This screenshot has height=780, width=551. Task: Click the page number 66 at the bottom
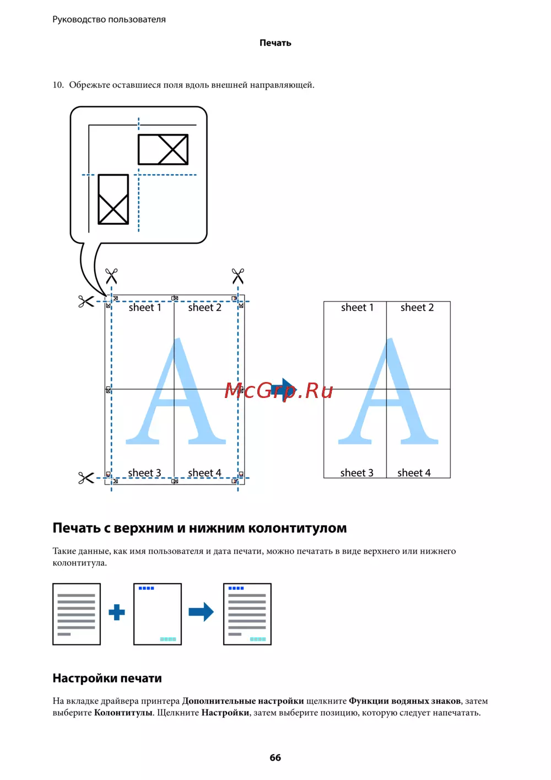pos(275,757)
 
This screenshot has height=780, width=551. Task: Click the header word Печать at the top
pos(275,43)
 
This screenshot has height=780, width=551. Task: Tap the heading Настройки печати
pos(107,678)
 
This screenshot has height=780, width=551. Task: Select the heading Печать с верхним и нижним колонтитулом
pos(199,528)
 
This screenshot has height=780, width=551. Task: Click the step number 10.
pos(58,85)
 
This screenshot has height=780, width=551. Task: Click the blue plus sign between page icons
pos(117,612)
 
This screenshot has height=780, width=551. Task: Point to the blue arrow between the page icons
pos(201,612)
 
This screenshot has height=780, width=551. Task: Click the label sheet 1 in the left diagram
pos(145,308)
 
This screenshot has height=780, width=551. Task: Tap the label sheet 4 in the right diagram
pos(414,472)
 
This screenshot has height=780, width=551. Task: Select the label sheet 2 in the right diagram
pos(417,308)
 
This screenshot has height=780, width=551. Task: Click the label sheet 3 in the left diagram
pos(144,473)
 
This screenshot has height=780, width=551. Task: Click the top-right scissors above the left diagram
pos(238,276)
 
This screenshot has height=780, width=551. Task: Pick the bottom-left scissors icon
pos(86,478)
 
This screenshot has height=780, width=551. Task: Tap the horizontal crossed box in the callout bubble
pos(163,149)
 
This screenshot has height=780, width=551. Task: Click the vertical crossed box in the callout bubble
pos(114,199)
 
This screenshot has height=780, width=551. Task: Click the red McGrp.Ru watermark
pos(279,390)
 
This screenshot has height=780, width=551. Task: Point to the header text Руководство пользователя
pos(109,19)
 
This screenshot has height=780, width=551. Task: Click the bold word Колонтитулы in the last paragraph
pos(123,713)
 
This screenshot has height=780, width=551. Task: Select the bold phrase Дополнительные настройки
pos(243,701)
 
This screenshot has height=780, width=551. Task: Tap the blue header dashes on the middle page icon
pos(147,588)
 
